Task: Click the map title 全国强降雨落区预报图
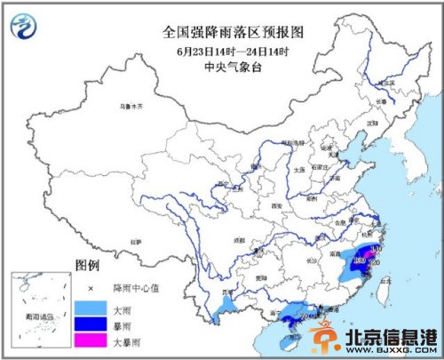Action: click(x=234, y=31)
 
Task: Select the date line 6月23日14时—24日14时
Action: click(x=234, y=49)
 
